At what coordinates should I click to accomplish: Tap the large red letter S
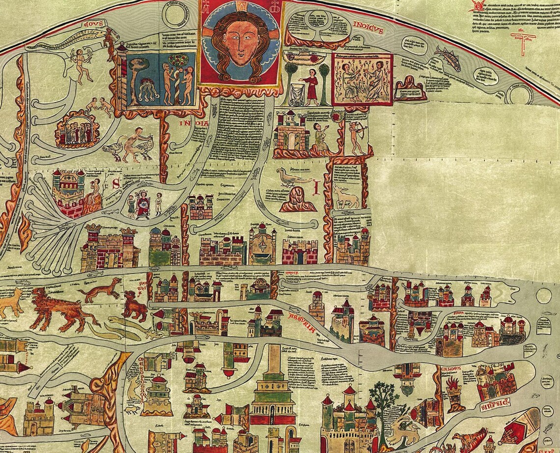pyautogui.click(x=116, y=185)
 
